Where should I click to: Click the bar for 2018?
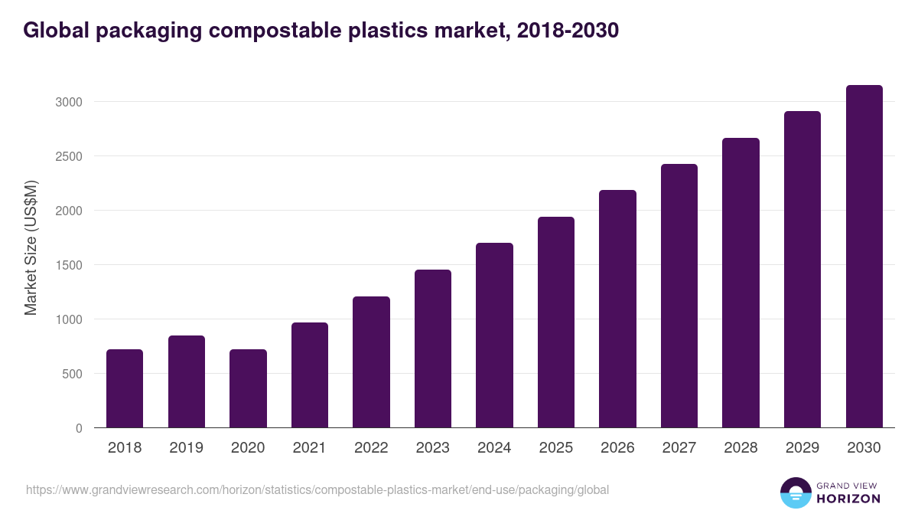125,388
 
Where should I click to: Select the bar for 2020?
248,388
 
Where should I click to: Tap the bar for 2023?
433,348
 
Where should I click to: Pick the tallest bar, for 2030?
864,257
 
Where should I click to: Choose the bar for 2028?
741,283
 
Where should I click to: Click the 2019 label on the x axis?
186,448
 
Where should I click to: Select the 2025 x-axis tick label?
555,448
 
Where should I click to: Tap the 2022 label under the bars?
371,448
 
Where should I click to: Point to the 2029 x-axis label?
802,448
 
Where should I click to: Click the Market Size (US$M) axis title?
31,247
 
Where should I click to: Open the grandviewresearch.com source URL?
317,489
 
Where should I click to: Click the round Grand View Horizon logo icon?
795,492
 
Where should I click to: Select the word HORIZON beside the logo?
847,499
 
